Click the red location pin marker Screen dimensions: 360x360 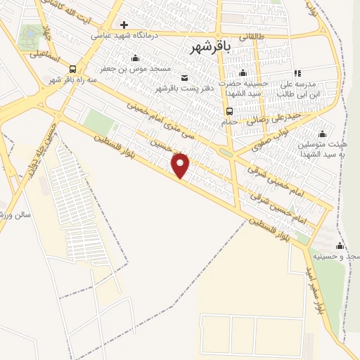click(181, 166)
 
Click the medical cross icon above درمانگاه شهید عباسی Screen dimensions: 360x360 click(124, 25)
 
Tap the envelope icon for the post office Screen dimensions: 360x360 click(184, 77)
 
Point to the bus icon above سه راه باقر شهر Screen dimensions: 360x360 click(72, 68)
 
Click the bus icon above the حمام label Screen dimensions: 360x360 click(229, 111)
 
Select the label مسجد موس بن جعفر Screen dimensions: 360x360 click(139, 69)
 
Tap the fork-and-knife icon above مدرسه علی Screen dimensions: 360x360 click(297, 72)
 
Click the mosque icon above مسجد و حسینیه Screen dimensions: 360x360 click(340, 245)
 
